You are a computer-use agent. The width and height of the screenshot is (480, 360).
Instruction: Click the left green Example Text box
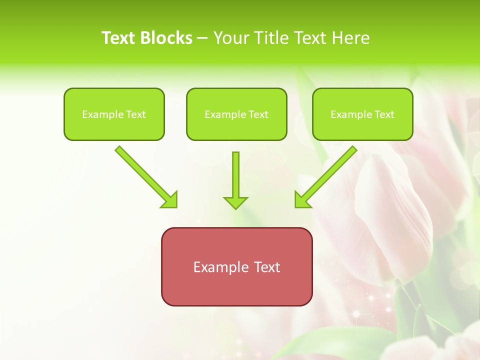114,114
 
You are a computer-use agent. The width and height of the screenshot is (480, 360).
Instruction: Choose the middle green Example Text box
236,114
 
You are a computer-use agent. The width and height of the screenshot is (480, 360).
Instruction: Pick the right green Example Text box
362,114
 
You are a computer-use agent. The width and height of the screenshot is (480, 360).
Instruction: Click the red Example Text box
236,267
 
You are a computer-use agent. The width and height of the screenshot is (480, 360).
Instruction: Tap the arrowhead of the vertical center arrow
235,202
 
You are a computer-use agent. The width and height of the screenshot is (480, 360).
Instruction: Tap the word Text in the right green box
384,114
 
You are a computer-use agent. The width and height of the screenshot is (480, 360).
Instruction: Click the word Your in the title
229,38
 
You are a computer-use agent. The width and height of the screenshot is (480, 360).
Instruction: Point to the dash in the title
202,38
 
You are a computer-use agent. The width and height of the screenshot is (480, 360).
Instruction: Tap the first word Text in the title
118,38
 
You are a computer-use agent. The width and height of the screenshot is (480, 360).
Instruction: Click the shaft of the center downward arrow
235,172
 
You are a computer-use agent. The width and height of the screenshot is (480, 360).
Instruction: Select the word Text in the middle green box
258,114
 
